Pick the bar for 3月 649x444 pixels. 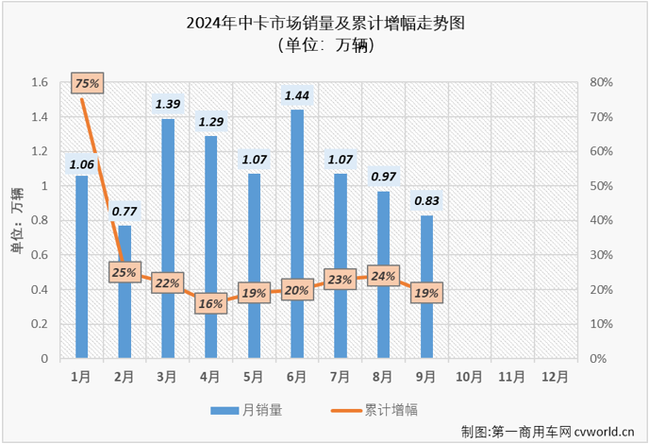(x=168, y=239)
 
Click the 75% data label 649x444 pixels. (x=87, y=84)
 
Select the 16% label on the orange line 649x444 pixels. (x=210, y=304)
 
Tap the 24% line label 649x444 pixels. (x=383, y=277)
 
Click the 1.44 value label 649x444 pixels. (x=297, y=95)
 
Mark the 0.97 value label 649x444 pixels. (x=383, y=177)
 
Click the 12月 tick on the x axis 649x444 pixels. (x=557, y=374)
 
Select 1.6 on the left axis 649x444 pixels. (x=39, y=82)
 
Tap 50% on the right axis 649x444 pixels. (x=600, y=186)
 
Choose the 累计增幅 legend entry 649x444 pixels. (x=383, y=410)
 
